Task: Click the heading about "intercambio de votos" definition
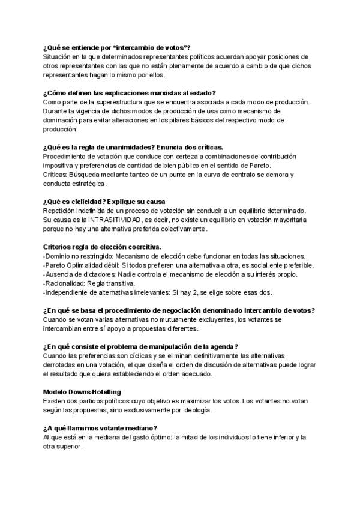116,47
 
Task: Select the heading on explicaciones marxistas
129,92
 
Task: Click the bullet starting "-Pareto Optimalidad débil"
178,265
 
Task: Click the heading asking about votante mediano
100,428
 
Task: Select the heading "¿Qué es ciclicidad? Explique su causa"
104,201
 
